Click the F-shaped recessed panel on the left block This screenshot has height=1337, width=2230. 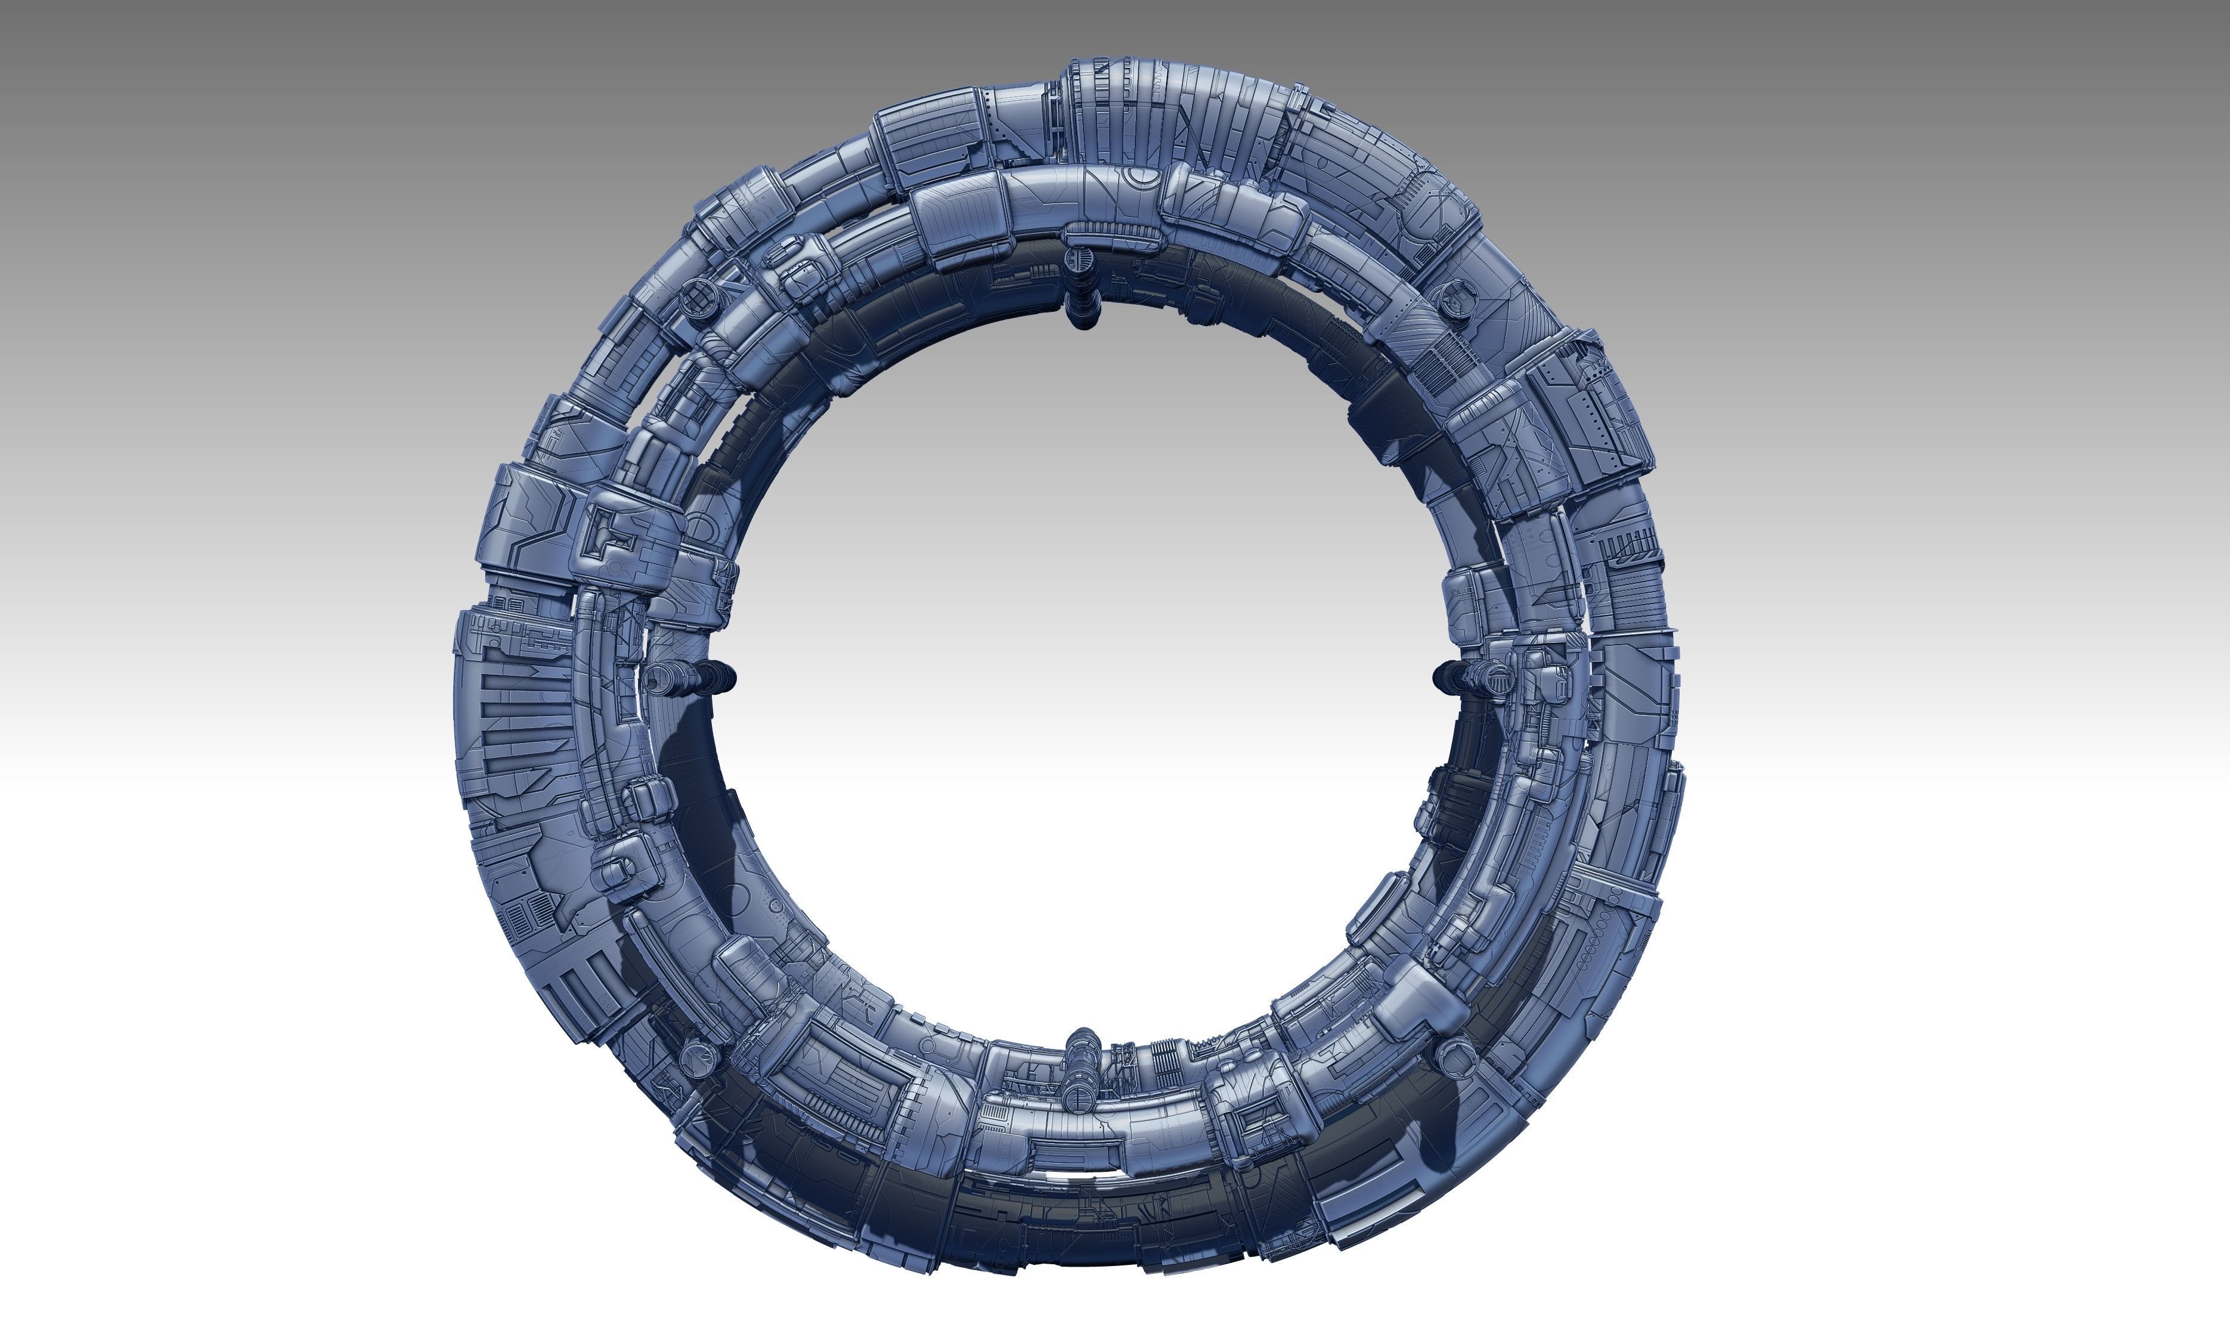click(x=612, y=536)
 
